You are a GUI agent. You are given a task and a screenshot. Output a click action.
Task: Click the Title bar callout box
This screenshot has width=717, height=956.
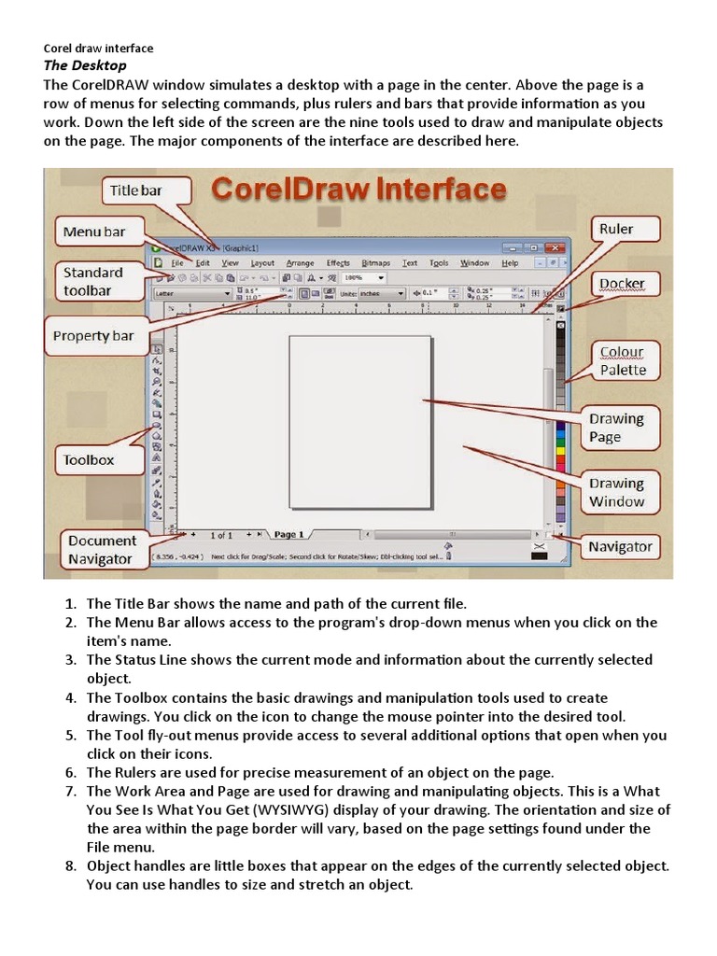point(136,190)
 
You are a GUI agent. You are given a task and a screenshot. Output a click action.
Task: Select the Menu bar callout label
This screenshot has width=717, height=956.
point(94,232)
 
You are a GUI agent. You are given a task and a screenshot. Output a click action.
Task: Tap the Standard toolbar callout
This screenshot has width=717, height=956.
point(93,281)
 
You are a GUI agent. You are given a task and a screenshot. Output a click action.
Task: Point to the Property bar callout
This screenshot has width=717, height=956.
point(93,336)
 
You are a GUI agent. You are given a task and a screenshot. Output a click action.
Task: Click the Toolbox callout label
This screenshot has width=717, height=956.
point(89,459)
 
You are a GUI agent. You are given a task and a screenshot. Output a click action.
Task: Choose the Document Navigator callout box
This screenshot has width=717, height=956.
point(101,550)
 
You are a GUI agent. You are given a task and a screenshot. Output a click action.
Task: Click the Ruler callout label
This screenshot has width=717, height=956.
point(615,229)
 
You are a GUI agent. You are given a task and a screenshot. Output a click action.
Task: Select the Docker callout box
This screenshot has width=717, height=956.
point(622,283)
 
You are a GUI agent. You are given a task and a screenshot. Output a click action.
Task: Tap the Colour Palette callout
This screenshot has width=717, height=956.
point(623,360)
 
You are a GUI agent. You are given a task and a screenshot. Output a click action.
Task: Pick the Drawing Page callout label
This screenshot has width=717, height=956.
point(616,428)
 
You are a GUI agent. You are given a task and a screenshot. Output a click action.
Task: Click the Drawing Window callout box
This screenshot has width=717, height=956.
point(616,492)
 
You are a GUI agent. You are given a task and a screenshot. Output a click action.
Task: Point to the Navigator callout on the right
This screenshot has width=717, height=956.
point(620,547)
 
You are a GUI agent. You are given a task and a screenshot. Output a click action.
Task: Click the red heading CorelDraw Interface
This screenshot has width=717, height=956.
point(358,190)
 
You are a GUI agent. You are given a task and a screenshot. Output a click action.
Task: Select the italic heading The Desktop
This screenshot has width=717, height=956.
point(86,65)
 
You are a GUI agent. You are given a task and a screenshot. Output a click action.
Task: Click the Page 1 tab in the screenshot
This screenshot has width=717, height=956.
point(288,535)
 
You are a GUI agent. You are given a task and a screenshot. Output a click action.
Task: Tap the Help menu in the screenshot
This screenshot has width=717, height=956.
point(510,263)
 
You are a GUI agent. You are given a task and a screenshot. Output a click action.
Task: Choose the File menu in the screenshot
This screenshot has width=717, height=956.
point(177,263)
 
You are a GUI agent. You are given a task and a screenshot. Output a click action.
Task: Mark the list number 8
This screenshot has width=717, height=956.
point(69,865)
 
